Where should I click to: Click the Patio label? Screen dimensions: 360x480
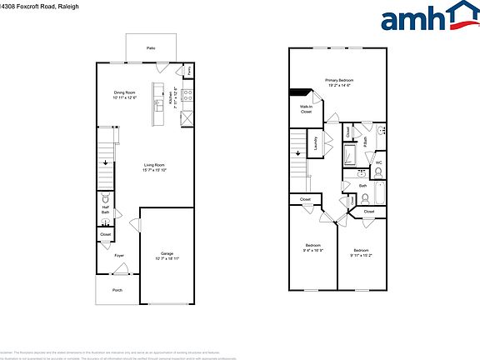(x=151, y=49)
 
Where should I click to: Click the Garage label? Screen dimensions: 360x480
(x=167, y=253)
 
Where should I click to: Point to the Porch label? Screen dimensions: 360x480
(x=117, y=291)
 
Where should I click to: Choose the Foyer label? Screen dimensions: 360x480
(x=119, y=256)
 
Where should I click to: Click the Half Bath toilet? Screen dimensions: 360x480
(x=105, y=200)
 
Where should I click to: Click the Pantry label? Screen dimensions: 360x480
(x=189, y=71)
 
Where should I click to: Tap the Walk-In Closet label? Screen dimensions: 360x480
(x=306, y=109)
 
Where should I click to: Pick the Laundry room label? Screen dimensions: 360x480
(x=316, y=144)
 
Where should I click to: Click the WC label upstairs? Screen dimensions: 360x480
(x=378, y=163)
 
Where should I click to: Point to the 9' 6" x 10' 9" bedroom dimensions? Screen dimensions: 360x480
(x=313, y=249)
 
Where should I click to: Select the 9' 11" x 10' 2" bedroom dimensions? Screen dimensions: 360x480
(x=361, y=254)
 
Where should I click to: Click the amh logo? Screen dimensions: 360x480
(x=426, y=17)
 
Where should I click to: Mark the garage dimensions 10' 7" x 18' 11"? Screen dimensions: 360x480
(x=167, y=258)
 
